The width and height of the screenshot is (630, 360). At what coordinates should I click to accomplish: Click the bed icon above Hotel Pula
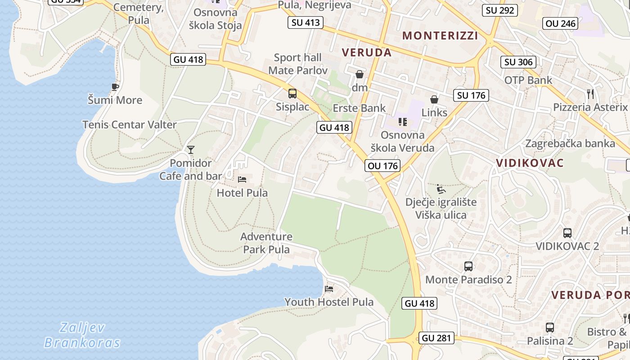[x=242, y=180]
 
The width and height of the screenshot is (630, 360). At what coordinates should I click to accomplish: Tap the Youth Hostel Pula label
[x=328, y=302]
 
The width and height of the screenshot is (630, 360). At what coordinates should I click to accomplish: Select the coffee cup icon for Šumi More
[x=115, y=87]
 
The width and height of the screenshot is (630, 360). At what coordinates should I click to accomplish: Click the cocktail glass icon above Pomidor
[x=191, y=150]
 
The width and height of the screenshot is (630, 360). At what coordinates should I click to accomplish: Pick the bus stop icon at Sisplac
[x=292, y=94]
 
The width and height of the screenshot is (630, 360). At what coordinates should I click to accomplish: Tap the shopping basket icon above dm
[x=360, y=74]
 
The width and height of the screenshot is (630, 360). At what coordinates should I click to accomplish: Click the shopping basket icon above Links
[x=434, y=99]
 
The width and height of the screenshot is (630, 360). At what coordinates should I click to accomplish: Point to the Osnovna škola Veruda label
[x=402, y=141]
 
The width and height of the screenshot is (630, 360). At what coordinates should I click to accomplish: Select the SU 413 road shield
[x=306, y=22]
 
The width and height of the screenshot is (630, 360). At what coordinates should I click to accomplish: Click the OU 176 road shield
[x=382, y=166]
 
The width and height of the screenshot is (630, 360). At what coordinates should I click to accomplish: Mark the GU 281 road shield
[x=436, y=338]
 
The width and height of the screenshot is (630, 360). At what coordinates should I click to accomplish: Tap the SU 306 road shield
[x=518, y=62]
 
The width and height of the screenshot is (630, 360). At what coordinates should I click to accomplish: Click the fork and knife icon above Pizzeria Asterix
[x=590, y=94]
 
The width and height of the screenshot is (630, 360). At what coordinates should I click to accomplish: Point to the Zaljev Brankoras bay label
[x=82, y=335]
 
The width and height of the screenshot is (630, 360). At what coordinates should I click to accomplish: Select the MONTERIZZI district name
[x=440, y=36]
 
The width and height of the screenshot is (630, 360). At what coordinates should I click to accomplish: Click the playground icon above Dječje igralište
[x=441, y=189]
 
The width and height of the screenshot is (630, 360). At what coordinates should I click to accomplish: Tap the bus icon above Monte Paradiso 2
[x=468, y=266]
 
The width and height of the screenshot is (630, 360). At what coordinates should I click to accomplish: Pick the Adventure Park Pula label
[x=266, y=243]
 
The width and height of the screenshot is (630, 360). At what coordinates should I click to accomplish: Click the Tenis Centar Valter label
[x=129, y=125]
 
